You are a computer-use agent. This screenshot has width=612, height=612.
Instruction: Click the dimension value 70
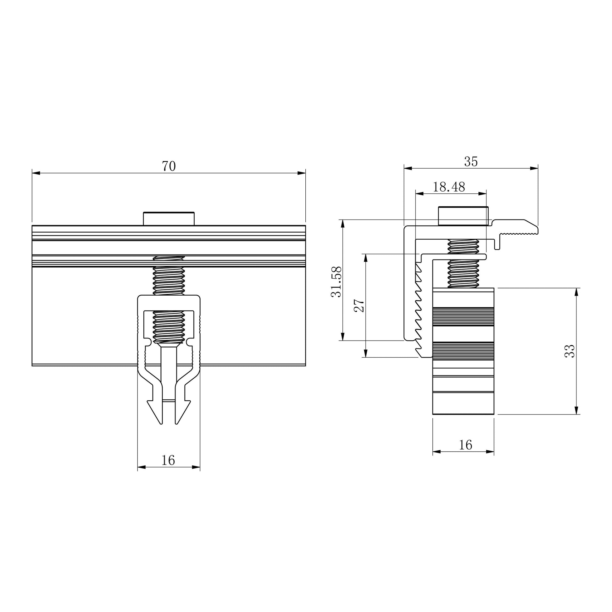(x=169, y=166)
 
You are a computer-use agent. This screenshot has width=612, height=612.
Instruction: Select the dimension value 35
(x=471, y=162)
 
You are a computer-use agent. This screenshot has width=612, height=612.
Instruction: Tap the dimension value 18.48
(x=449, y=187)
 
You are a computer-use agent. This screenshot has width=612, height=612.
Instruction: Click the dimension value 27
(x=359, y=305)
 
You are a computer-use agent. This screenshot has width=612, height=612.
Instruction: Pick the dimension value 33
(x=570, y=351)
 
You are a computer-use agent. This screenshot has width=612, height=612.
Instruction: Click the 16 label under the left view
(x=168, y=460)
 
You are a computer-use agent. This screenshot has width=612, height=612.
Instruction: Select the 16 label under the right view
(x=465, y=445)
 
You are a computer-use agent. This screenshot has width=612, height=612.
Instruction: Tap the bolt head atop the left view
(x=169, y=219)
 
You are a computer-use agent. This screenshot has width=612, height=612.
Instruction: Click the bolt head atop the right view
(x=463, y=216)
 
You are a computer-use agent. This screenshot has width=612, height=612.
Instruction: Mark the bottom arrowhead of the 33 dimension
(x=576, y=410)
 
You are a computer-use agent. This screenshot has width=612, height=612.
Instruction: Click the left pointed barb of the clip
(x=155, y=411)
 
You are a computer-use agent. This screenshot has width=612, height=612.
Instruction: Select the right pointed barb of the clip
(x=183, y=411)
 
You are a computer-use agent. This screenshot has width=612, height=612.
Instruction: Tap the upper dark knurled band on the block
(x=463, y=316)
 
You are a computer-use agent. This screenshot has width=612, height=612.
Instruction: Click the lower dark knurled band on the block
(x=463, y=351)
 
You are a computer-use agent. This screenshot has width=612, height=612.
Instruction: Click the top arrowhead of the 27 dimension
(x=366, y=258)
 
